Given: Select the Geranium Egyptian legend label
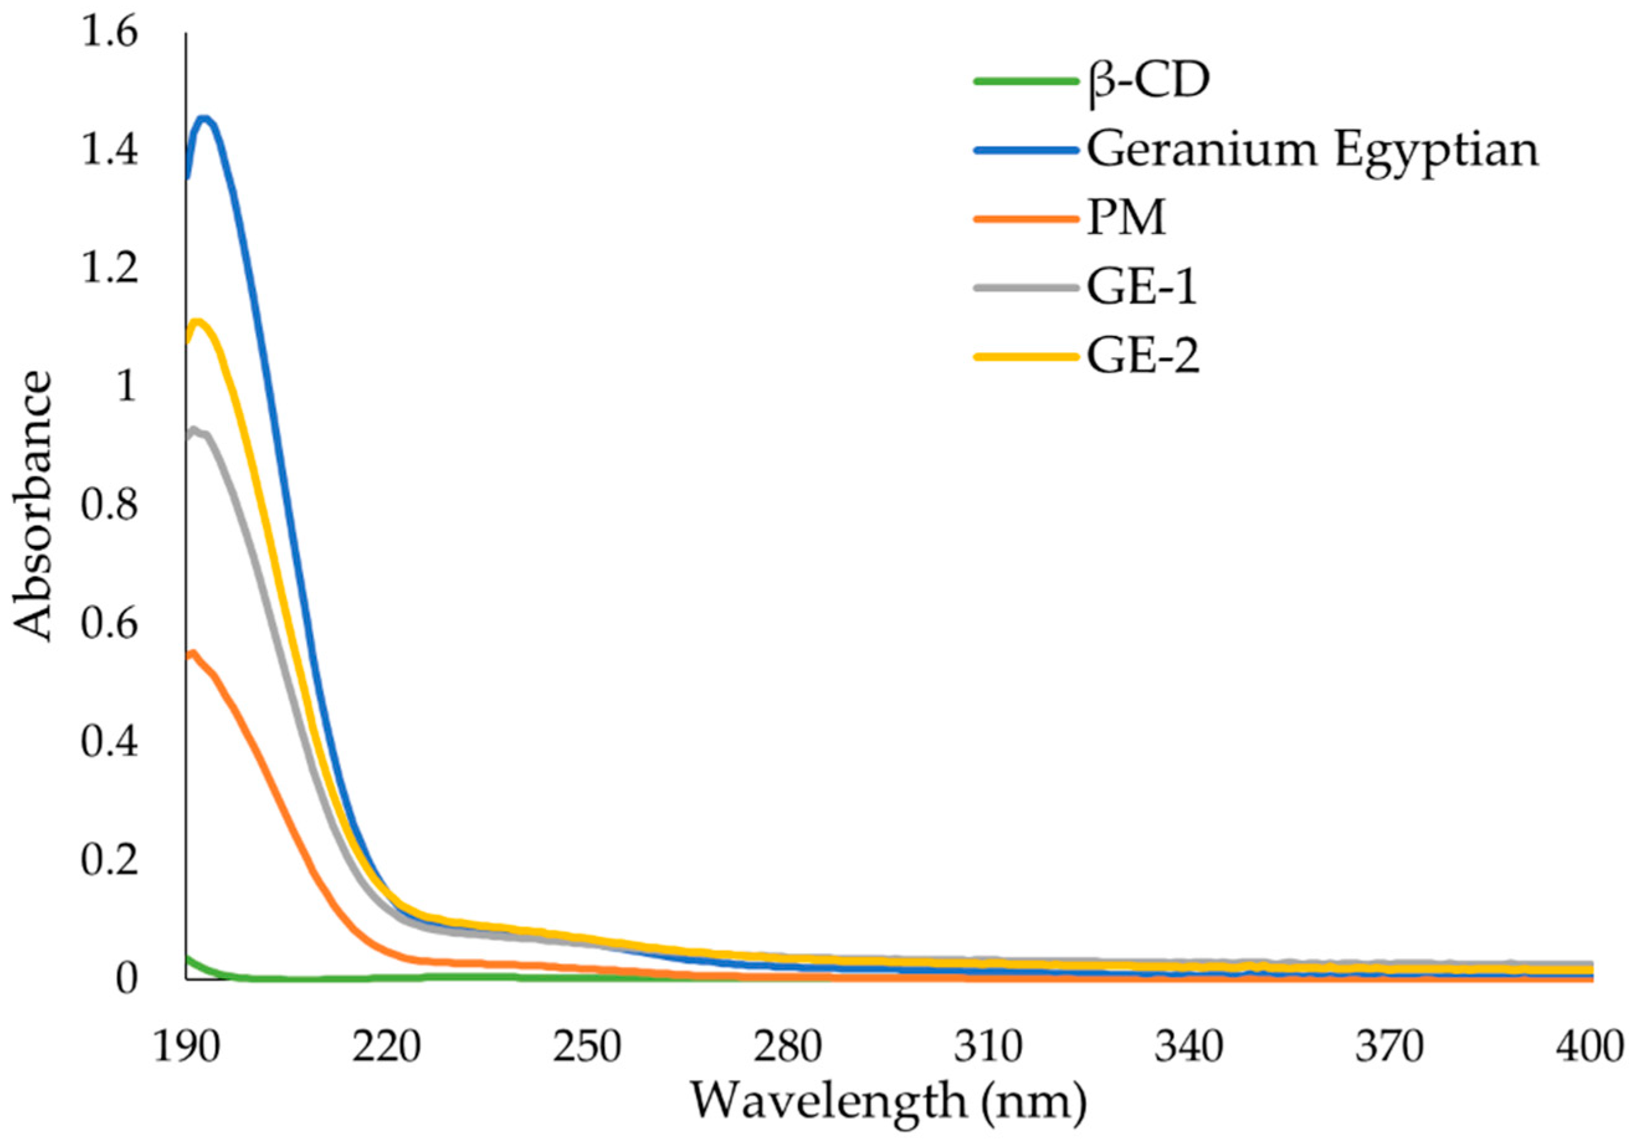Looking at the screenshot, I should [x=1311, y=151].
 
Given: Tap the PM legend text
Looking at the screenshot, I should [x=1126, y=219].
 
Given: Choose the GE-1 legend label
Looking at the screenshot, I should [x=1141, y=288].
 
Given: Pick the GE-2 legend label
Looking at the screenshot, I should [x=1143, y=356].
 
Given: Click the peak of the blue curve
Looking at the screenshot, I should [x=204, y=118].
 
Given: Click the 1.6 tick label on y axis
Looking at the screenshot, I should [x=108, y=34].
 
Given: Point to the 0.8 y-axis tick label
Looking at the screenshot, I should [x=108, y=506].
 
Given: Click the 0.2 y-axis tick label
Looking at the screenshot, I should [x=108, y=861].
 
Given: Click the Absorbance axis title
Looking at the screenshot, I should [x=34, y=507].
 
